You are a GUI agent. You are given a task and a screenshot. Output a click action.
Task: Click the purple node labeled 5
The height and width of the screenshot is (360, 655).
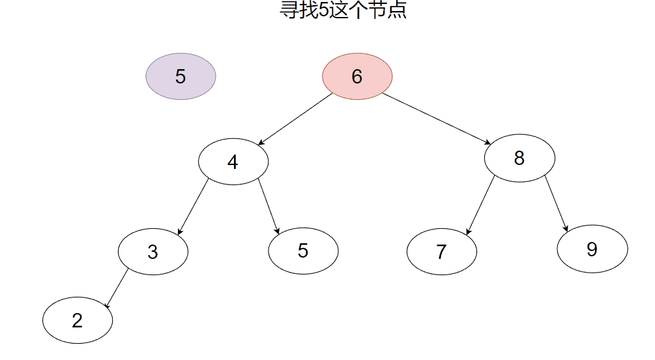click(181, 76)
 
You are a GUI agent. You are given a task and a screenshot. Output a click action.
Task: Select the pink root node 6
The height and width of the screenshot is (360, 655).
click(357, 76)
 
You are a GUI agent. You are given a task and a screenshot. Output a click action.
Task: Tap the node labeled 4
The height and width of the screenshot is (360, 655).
click(233, 161)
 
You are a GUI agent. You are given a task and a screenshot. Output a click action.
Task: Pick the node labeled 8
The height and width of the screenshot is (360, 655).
click(519, 158)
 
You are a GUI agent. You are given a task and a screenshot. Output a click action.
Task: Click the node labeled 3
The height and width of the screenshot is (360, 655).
click(153, 251)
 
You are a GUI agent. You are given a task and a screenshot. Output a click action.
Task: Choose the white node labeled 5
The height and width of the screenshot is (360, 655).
click(303, 251)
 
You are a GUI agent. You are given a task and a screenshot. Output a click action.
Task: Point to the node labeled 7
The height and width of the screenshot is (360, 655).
click(442, 251)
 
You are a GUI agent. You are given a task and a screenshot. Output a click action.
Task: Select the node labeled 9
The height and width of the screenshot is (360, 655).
click(592, 248)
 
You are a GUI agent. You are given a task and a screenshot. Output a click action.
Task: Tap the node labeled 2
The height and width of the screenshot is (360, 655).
click(78, 320)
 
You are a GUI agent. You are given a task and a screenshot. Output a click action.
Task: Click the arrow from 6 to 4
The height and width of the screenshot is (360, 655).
click(295, 119)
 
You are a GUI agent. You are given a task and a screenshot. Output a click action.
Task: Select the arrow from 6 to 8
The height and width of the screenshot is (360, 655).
click(437, 119)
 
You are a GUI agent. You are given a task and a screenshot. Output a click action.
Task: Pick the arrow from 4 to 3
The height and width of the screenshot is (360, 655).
click(193, 207)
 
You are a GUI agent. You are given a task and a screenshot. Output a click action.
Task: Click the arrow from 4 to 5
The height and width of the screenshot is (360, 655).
click(269, 205)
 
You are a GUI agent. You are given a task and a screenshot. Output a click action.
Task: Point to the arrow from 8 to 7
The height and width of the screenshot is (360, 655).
click(480, 205)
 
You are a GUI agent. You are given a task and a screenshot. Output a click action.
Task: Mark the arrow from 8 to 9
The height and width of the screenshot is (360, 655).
click(557, 203)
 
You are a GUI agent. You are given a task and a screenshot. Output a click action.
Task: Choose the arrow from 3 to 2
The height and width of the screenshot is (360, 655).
click(117, 288)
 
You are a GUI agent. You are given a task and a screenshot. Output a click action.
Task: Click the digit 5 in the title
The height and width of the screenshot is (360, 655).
click(324, 9)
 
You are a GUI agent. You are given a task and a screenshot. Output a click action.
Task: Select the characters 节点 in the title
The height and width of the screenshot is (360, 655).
click(388, 9)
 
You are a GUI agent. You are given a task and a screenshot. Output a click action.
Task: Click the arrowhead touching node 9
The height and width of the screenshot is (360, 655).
click(566, 229)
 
